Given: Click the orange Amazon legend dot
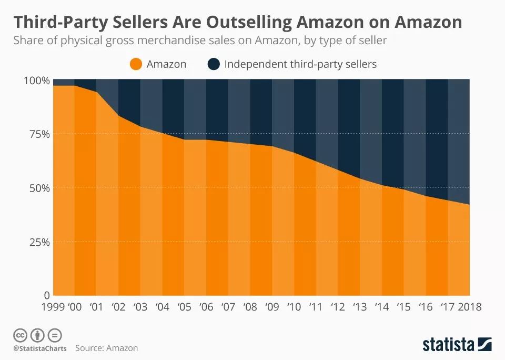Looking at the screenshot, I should click(x=136, y=64).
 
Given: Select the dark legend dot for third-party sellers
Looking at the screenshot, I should click(x=214, y=64).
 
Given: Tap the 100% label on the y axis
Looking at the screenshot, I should click(x=36, y=81).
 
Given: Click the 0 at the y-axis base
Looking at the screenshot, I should click(x=46, y=295).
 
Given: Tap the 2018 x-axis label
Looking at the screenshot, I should click(x=470, y=306).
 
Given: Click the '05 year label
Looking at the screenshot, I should click(x=184, y=306).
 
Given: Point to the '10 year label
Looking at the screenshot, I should click(x=293, y=306).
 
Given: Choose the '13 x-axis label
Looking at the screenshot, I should click(x=359, y=306).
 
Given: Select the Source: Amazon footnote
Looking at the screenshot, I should click(x=106, y=348).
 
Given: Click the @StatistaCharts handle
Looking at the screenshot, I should click(x=39, y=348).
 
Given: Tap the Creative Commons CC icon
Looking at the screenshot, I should click(x=19, y=335).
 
